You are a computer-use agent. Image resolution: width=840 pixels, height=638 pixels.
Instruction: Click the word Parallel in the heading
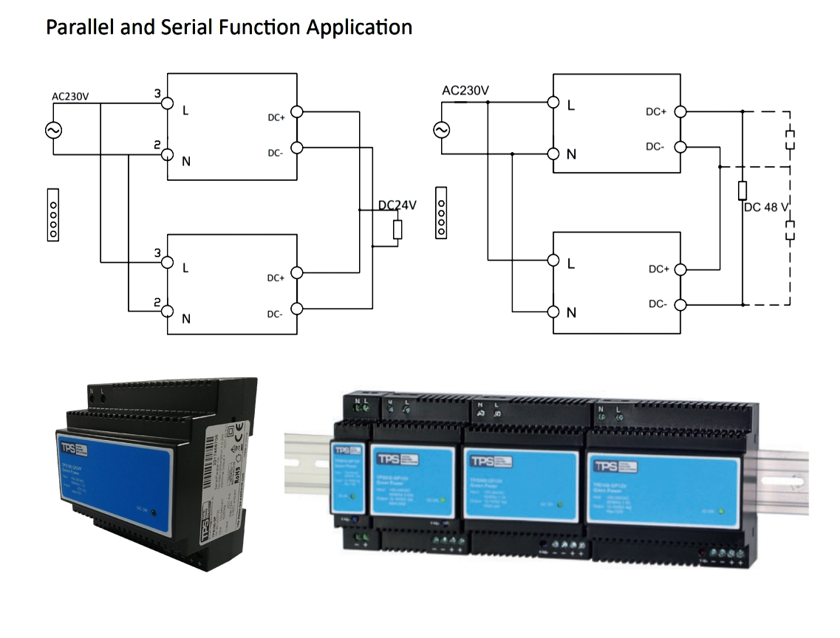(x=72, y=27)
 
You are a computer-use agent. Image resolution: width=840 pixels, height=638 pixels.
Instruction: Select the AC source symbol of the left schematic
(x=53, y=131)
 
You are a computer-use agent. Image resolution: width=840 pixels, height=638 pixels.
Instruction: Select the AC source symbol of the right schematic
(x=441, y=131)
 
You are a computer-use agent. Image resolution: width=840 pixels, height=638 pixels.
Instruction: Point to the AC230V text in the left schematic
(x=70, y=96)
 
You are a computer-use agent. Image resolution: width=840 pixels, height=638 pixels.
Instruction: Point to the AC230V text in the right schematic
(x=465, y=91)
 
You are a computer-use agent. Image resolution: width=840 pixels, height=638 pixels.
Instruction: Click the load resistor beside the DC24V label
(x=398, y=230)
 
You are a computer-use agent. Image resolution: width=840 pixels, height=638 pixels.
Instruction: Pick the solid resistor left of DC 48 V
(x=742, y=191)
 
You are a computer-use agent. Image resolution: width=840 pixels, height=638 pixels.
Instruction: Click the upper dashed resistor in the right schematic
(x=791, y=140)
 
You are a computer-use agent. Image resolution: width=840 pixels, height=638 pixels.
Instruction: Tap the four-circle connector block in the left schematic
(x=52, y=213)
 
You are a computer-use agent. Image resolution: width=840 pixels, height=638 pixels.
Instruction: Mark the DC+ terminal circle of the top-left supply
(x=297, y=113)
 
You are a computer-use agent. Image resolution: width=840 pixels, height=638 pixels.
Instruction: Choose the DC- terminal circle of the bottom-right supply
(x=680, y=304)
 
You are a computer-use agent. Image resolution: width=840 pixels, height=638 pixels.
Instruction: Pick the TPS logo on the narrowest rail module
(x=343, y=450)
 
